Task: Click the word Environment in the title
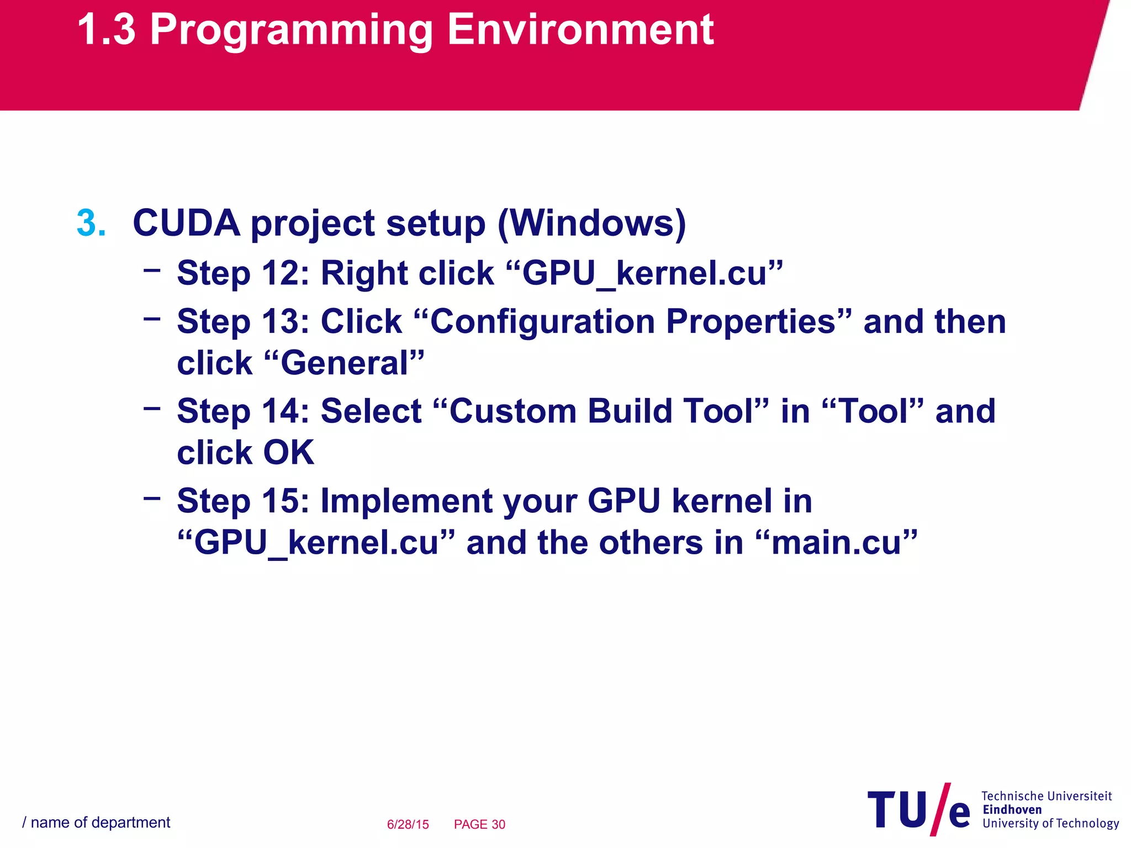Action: pos(580,30)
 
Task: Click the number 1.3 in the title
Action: pos(106,30)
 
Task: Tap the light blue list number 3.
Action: pos(91,224)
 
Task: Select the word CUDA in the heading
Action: pos(186,224)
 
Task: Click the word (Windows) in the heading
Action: pos(591,224)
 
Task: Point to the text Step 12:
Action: pos(243,273)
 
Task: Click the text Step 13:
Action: pos(243,322)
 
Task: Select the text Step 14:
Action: pos(243,412)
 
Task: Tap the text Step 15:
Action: pos(243,501)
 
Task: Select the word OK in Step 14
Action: pos(288,453)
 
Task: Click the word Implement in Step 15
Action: pos(405,501)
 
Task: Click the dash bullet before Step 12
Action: pos(151,270)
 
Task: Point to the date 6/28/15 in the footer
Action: pos(408,824)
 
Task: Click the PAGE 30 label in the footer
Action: pos(479,824)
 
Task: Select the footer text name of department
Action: pos(100,823)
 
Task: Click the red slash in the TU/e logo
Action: pos(939,809)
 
